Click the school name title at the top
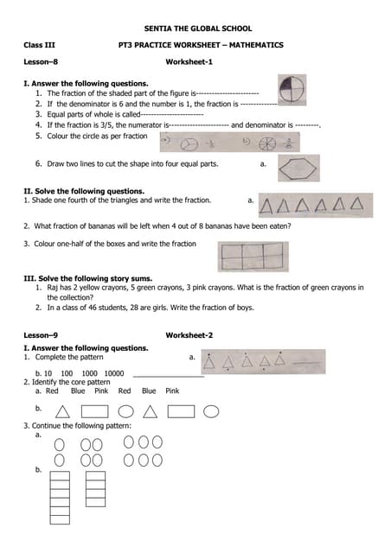[197, 29]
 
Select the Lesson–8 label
[41, 62]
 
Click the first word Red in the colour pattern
[52, 391]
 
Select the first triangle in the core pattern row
[62, 411]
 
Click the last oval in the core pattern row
[211, 411]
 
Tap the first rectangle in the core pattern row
[94, 411]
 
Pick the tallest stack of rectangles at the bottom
[60, 497]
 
